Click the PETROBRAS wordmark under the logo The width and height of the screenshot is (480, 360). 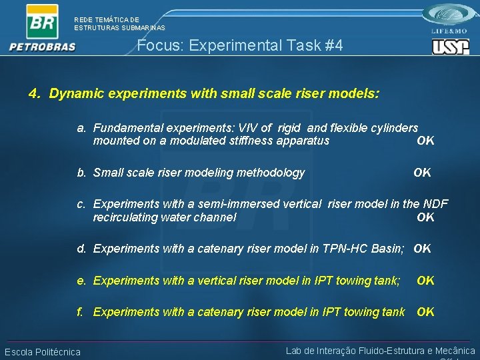click(x=43, y=47)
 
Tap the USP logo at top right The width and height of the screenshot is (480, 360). click(x=450, y=47)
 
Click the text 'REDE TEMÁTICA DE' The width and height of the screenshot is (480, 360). click(x=107, y=20)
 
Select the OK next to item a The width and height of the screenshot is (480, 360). click(x=425, y=141)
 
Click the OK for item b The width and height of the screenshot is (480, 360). click(x=422, y=173)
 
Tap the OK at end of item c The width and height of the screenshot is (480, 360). click(x=425, y=217)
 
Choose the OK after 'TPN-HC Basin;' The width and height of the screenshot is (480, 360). click(x=422, y=249)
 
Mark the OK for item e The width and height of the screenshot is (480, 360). click(x=425, y=281)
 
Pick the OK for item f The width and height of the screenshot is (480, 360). click(x=425, y=312)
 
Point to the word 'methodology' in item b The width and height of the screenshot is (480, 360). click(x=273, y=173)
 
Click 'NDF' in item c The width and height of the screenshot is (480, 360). click(x=435, y=204)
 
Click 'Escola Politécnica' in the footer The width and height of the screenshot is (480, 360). click(x=43, y=352)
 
